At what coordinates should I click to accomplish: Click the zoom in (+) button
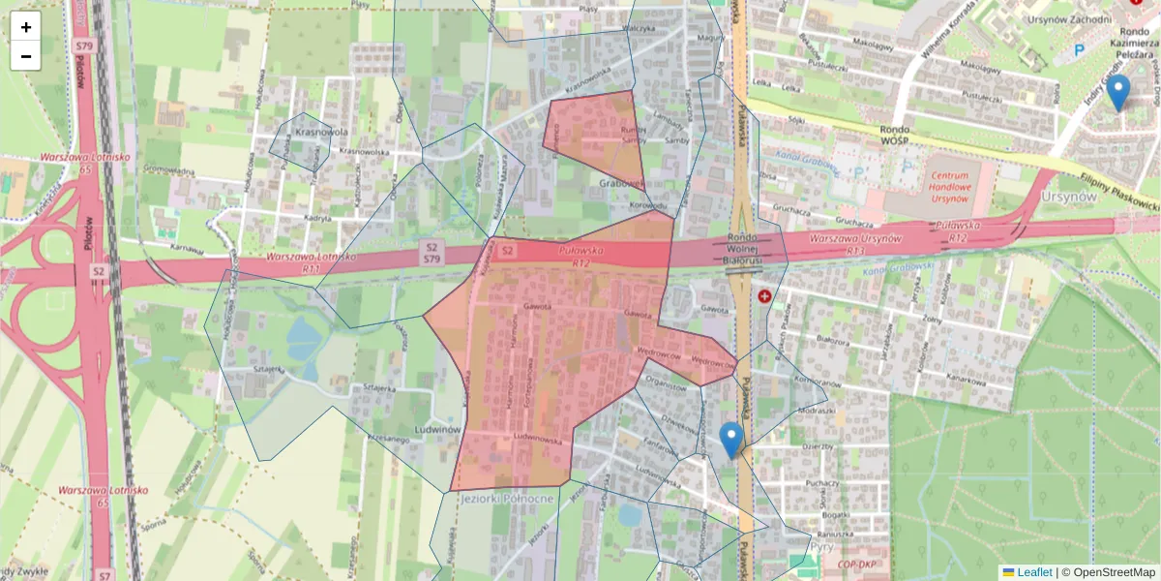26,27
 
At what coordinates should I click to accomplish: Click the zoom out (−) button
26,56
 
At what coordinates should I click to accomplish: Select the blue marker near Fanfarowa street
731,440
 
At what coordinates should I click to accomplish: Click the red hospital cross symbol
765,296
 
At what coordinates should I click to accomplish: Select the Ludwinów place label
433,428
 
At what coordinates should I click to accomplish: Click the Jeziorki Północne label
508,498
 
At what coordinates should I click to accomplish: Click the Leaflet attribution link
1034,572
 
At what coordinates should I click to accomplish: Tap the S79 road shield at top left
83,46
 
